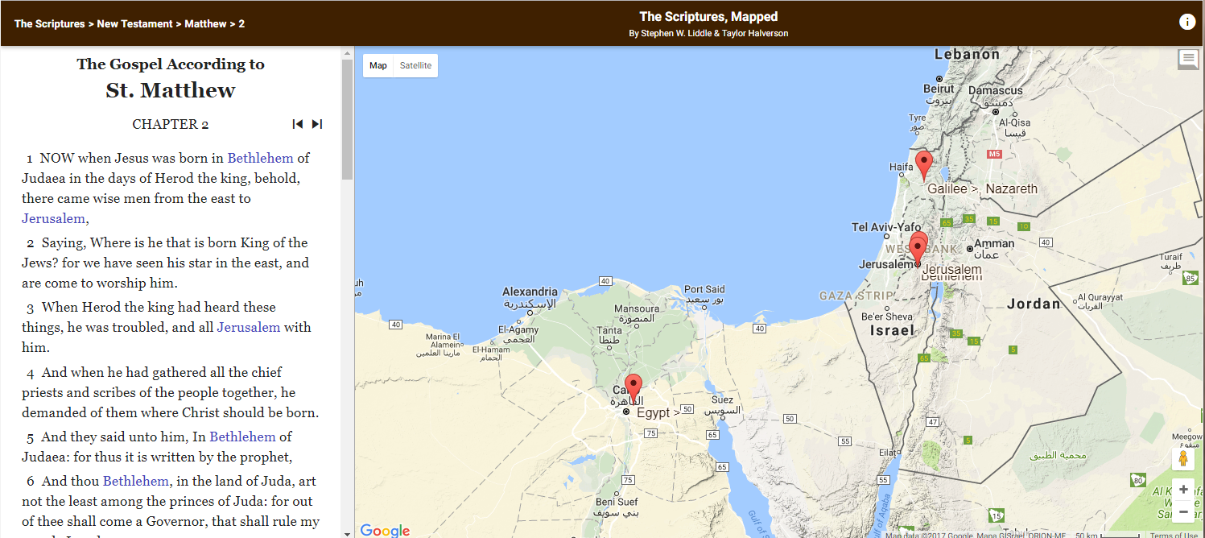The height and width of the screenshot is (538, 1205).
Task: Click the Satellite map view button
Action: (x=415, y=66)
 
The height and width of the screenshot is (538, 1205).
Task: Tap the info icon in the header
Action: (x=1187, y=23)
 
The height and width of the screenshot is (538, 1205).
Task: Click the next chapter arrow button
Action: (x=317, y=124)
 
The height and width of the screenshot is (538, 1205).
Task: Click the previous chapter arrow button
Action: (x=298, y=124)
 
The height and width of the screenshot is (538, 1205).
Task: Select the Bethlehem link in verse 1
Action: (x=261, y=158)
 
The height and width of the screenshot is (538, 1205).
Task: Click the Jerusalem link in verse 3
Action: (x=249, y=327)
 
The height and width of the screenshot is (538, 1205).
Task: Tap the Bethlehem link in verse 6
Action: (x=136, y=481)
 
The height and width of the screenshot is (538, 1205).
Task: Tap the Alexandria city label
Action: (x=530, y=292)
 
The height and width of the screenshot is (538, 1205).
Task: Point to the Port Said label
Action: (x=704, y=289)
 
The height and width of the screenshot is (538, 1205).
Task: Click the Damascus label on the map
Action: (x=995, y=91)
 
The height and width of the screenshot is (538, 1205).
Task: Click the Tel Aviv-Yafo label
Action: (x=886, y=228)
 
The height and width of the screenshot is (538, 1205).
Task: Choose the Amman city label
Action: (x=994, y=244)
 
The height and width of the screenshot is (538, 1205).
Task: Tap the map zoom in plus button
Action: (x=1183, y=490)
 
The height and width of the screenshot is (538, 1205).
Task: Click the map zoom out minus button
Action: (x=1183, y=511)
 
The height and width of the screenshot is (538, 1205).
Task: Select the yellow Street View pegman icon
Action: (x=1183, y=459)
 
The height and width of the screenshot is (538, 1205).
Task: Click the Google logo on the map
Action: (x=385, y=530)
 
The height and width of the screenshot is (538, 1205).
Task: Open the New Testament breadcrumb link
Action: (x=134, y=24)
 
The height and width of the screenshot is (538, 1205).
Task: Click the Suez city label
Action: (x=722, y=399)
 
